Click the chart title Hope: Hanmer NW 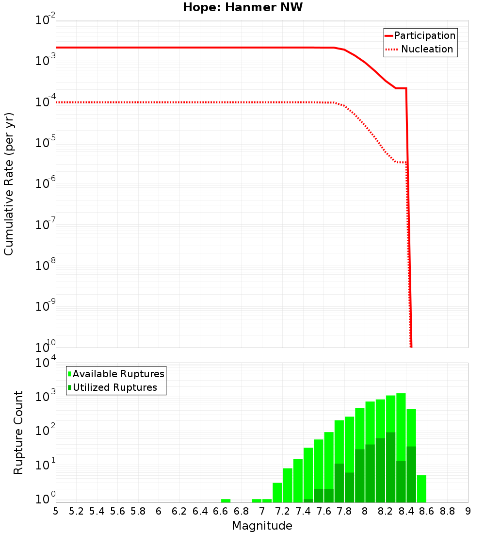pos(242,8)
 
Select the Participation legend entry pos(424,36)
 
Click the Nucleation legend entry pos(427,50)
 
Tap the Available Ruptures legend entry pos(118,374)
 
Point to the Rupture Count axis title pos(18,433)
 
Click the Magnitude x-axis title pos(262,526)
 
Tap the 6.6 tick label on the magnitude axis pos(221,511)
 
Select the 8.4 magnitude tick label pos(406,511)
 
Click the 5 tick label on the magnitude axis pos(56,511)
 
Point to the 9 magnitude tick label pos(468,511)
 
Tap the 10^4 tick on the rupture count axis pos(45,364)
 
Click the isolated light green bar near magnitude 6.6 pos(226,501)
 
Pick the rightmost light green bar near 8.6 pos(421,489)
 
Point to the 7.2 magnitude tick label pos(282,511)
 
